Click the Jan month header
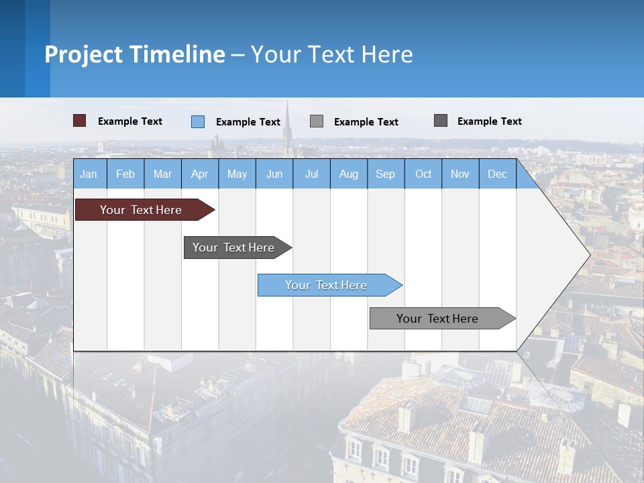(89, 174)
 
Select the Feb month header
(125, 174)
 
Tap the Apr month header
(199, 174)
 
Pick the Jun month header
(274, 174)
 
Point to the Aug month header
(349, 174)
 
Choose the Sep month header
(385, 174)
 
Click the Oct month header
(423, 174)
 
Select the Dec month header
(497, 174)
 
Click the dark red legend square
(79, 121)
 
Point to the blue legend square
(198, 121)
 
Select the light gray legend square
(317, 121)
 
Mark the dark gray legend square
(441, 121)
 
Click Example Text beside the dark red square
(130, 121)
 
